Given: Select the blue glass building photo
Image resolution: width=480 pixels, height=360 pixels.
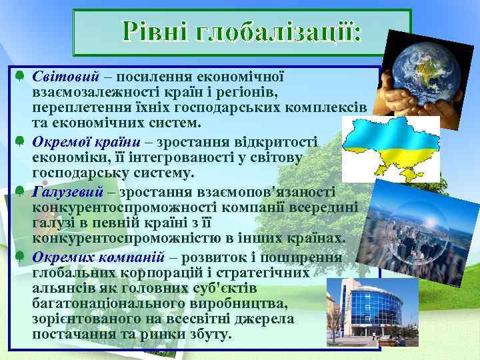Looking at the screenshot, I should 371,306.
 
